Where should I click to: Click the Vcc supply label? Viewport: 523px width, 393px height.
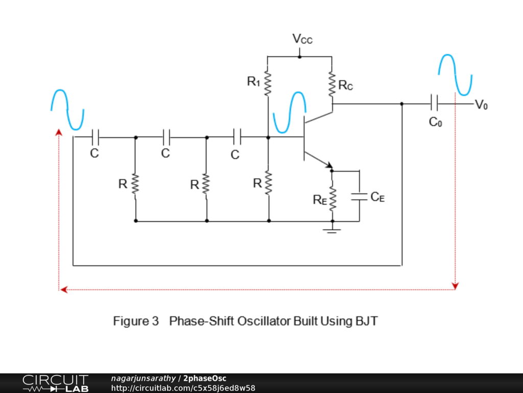[x=302, y=39]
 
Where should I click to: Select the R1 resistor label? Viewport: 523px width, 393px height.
[x=253, y=81]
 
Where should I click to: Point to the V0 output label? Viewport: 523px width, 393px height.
[x=481, y=105]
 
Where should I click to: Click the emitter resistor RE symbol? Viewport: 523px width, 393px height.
[x=332, y=199]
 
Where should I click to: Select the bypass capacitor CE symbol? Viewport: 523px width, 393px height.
[x=359, y=197]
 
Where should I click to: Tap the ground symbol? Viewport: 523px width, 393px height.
[x=332, y=230]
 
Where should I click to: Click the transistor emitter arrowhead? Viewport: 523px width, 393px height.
[x=329, y=166]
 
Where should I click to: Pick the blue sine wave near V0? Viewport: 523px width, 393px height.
[x=455, y=75]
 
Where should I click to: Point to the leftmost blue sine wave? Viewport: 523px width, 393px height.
[x=67, y=110]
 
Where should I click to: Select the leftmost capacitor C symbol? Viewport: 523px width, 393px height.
[x=95, y=137]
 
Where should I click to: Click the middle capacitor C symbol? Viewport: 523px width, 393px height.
[x=166, y=137]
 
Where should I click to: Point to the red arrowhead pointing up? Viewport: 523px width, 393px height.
[x=59, y=133]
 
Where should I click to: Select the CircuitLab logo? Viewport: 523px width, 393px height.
[x=55, y=383]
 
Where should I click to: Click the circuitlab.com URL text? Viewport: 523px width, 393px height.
[x=183, y=388]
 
